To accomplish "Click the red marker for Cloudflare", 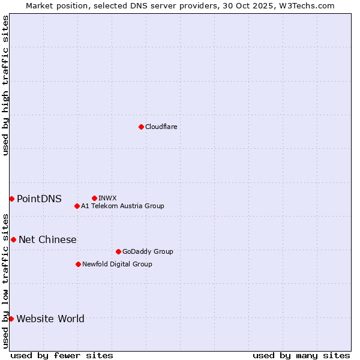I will click(141, 127).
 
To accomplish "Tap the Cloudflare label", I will click(161, 127).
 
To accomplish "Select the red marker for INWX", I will click(94, 198).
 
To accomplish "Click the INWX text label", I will click(107, 198).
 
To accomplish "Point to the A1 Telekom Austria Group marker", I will click(77, 206).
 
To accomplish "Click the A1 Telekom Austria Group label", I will click(122, 206).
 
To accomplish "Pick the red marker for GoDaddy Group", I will click(118, 251).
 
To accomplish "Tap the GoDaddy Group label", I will click(147, 251).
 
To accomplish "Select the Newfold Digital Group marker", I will click(78, 264).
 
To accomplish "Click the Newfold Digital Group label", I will click(117, 264).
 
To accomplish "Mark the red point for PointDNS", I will click(11, 199).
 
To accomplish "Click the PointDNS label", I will click(39, 199).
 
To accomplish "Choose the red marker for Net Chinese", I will click(13, 239).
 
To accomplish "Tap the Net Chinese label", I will click(47, 239).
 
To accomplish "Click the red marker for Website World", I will click(11, 319).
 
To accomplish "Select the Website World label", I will click(50, 319).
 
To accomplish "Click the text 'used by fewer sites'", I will click(62, 355).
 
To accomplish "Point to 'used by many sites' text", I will click(301, 355).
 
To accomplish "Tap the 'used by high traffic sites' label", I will click(5, 85).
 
